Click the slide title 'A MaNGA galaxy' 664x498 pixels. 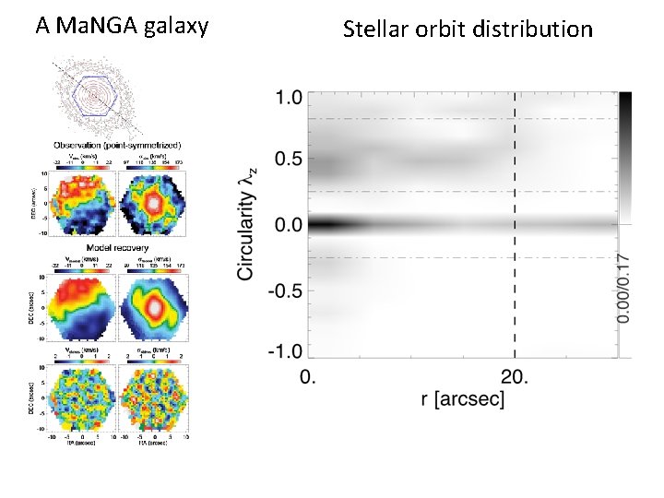point(122,25)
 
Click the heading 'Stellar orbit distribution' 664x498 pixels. point(468,30)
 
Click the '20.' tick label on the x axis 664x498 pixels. point(515,376)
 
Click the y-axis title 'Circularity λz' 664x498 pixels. point(246,224)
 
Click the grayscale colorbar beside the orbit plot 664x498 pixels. point(625,157)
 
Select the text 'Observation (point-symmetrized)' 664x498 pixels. point(117,145)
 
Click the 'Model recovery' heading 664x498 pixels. point(117,247)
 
